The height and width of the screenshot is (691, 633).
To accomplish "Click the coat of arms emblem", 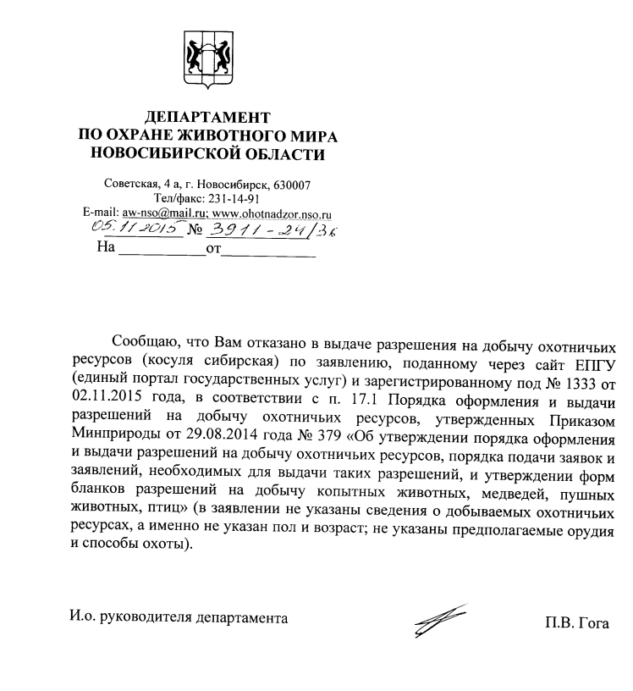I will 206,57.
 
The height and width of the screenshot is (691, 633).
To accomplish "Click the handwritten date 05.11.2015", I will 135,229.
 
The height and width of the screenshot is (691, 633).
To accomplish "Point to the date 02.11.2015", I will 109,398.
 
